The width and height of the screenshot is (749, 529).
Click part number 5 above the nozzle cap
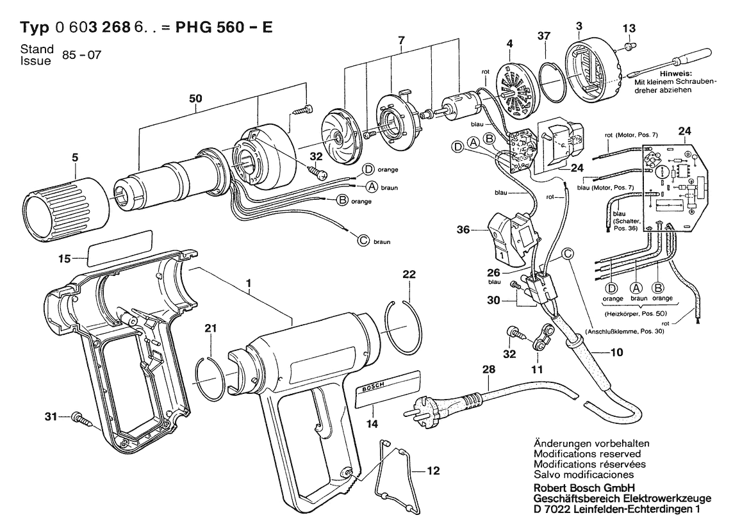pos(75,158)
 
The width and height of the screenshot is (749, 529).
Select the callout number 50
pos(195,99)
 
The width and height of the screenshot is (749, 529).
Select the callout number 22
pos(409,274)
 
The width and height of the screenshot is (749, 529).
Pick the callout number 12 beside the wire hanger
pos(432,471)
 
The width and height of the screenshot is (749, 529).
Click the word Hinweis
pos(675,74)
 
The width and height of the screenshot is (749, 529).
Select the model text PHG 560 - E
pos(224,27)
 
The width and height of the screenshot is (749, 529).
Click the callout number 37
pos(543,36)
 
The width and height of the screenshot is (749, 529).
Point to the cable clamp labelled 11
pos(542,338)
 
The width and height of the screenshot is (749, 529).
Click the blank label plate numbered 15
pos(120,247)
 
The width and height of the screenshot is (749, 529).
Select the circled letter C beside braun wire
pos(363,241)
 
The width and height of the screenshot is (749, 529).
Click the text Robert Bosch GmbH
pos(584,488)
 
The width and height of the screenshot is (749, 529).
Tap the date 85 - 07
pos(81,54)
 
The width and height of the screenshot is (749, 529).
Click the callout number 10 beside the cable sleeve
pos(616,352)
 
